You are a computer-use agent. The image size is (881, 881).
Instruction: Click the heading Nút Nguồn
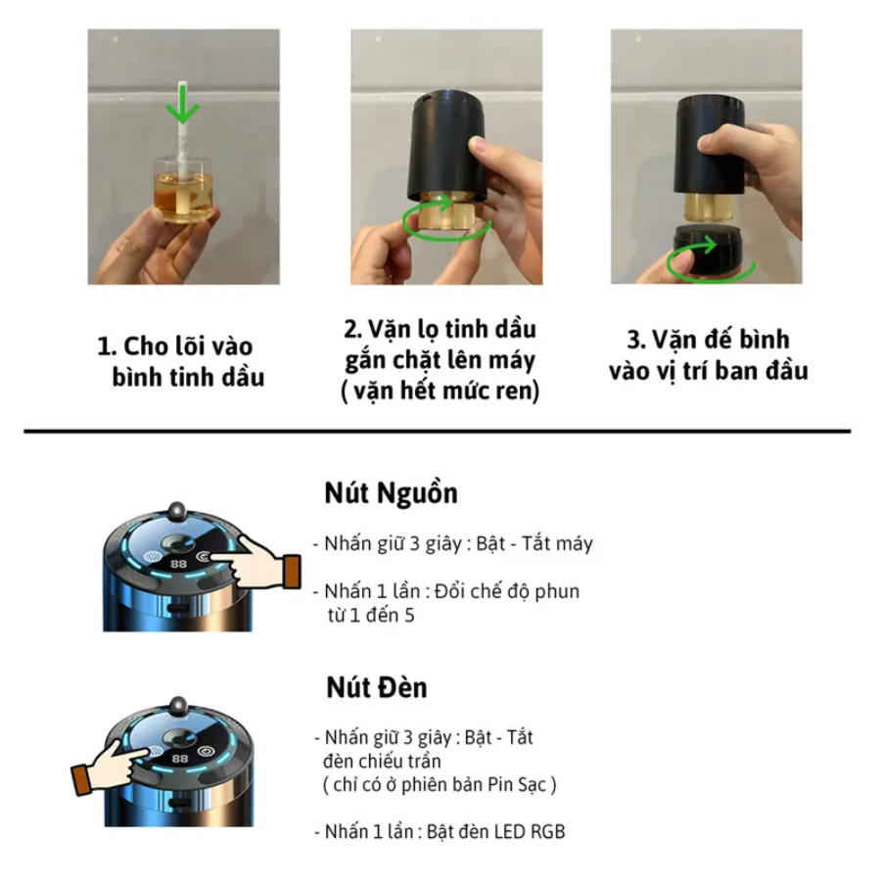pyautogui.click(x=391, y=493)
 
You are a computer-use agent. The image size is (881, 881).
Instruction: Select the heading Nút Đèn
pyautogui.click(x=377, y=687)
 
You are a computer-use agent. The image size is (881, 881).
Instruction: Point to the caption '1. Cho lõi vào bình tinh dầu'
pyautogui.click(x=180, y=361)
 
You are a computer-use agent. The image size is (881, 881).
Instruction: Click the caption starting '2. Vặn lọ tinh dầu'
pyautogui.click(x=440, y=360)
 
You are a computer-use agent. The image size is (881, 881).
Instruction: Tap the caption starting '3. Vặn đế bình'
pyautogui.click(x=708, y=355)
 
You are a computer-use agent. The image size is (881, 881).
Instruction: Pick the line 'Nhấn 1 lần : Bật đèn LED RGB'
pyautogui.click(x=440, y=831)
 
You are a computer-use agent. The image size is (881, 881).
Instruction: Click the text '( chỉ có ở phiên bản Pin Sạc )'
pyautogui.click(x=440, y=784)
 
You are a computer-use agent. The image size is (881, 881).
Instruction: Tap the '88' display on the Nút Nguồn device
pyautogui.click(x=179, y=564)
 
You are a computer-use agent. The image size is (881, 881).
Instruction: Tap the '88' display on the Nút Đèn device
pyautogui.click(x=180, y=759)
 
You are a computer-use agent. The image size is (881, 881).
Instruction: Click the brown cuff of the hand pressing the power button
pyautogui.click(x=291, y=572)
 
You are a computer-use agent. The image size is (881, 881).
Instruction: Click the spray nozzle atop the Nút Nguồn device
pyautogui.click(x=177, y=511)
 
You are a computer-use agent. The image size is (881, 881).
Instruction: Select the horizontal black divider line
pyautogui.click(x=438, y=432)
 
